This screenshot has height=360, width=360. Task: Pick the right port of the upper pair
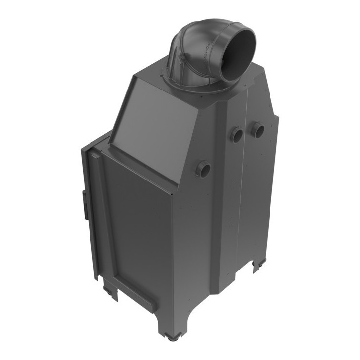258,130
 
